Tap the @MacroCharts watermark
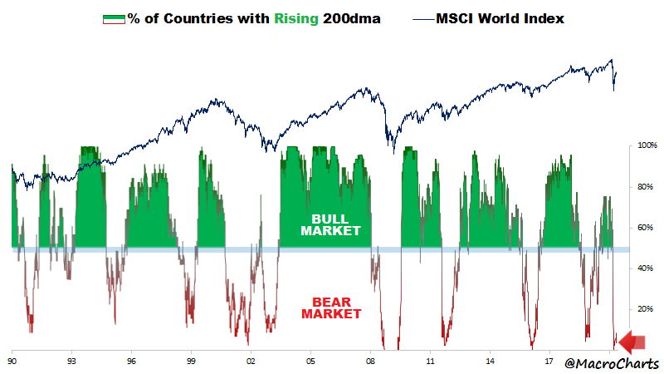click(x=613, y=363)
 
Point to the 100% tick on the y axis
click(x=647, y=146)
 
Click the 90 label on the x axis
click(x=12, y=363)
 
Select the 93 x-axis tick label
click(x=72, y=363)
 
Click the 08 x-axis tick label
click(x=370, y=363)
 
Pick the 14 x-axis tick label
click(x=490, y=363)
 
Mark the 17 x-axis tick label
click(x=549, y=363)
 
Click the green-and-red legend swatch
click(x=113, y=18)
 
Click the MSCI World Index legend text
click(x=500, y=18)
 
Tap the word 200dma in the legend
click(x=357, y=18)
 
